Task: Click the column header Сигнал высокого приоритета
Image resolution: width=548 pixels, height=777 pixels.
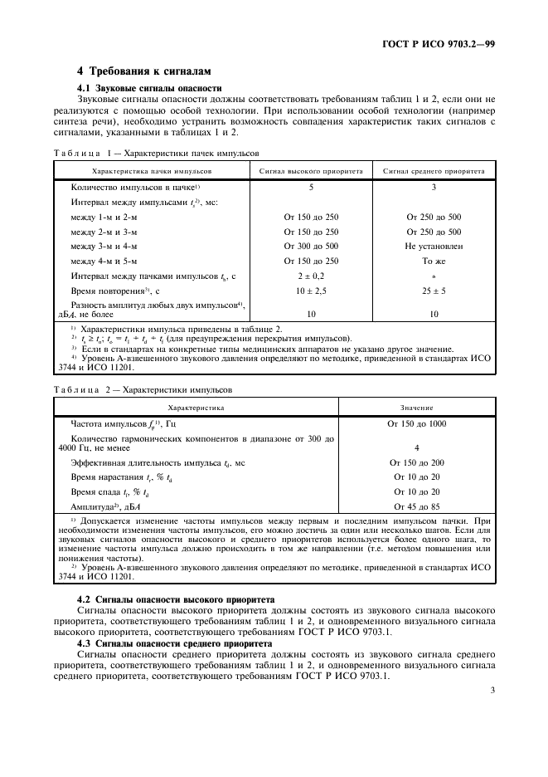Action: [311, 170]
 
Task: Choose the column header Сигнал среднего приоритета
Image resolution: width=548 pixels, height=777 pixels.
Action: [434, 170]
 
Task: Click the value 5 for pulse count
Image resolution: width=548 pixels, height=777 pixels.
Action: [311, 188]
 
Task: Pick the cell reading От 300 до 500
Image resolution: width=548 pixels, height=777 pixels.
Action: [311, 247]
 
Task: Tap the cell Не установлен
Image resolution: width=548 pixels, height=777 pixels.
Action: [434, 247]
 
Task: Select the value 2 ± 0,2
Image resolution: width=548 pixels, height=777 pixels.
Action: [311, 276]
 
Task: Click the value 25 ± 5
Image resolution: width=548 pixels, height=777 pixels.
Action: [434, 291]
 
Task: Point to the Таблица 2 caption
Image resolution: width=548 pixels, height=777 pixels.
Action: [143, 388]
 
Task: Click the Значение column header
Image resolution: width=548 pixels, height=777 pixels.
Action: [416, 408]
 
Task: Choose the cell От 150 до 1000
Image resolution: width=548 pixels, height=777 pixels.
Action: [416, 424]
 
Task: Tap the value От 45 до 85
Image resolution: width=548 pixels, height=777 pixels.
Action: [416, 506]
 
